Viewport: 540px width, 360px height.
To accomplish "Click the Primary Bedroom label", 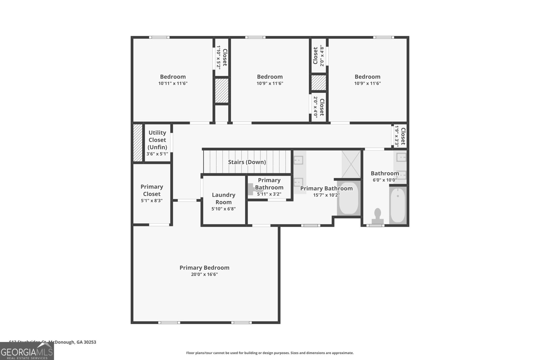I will point(204,268).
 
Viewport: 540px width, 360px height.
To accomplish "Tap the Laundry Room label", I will point(223,198).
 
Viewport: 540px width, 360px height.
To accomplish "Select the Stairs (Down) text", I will point(247,162).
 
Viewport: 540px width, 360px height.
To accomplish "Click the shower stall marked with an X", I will point(351,164).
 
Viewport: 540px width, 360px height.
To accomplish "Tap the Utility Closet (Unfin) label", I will point(157,140).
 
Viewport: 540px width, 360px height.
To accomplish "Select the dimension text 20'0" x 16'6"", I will point(204,274).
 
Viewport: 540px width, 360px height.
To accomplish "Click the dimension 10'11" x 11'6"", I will point(173,83).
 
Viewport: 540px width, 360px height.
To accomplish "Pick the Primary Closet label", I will point(152,190).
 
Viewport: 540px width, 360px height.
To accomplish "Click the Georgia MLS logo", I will point(27,352).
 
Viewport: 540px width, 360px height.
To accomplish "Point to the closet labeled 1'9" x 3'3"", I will point(400,136).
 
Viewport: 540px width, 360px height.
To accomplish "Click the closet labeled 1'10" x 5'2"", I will point(222,57).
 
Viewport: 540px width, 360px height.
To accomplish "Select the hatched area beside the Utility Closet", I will point(138,142).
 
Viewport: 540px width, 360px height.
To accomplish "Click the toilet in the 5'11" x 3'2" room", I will point(252,189).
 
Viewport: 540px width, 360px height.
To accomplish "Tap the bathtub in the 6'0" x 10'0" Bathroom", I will point(398,205).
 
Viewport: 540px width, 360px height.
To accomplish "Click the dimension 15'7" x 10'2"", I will point(326,195).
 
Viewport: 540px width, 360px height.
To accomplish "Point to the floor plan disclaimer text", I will point(270,353).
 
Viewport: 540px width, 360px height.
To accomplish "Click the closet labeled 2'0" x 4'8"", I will point(319,56).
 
